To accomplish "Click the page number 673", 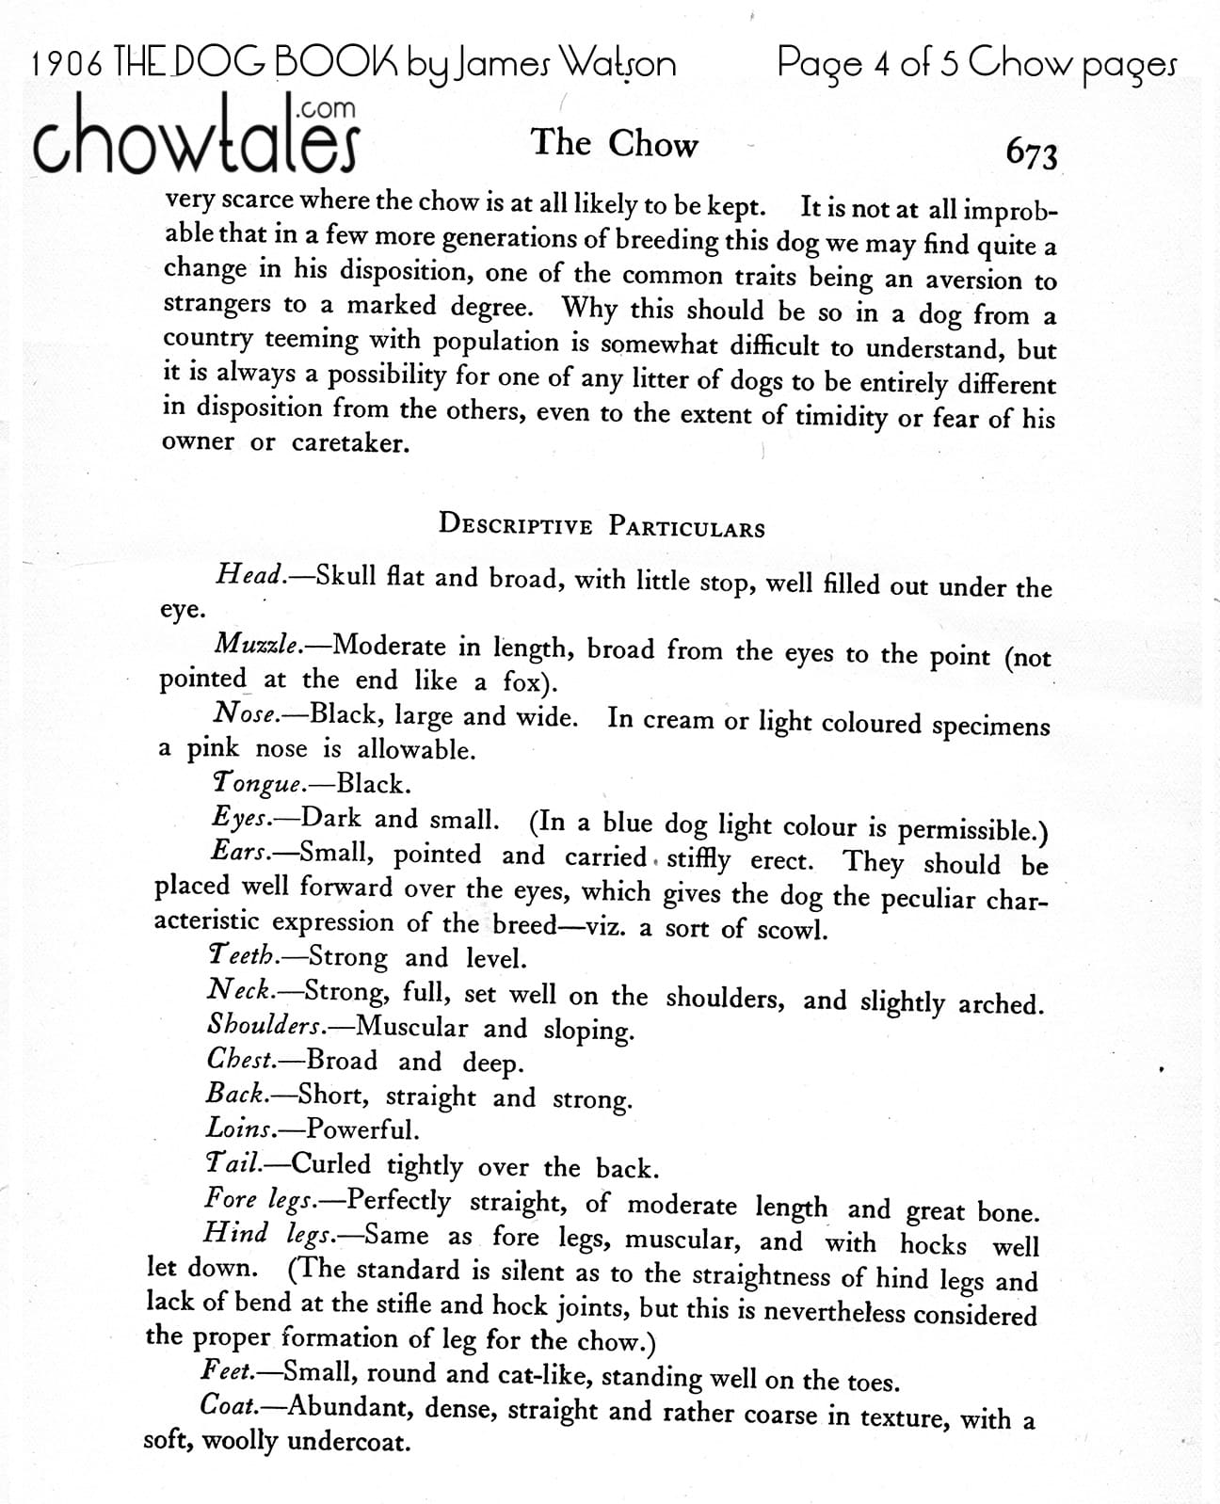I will (x=1032, y=153).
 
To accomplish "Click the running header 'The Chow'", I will (x=615, y=144).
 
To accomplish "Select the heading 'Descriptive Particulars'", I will (x=602, y=525).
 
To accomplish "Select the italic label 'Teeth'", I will (x=243, y=956).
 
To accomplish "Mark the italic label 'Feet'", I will (x=227, y=1371).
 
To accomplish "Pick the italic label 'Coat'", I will (x=230, y=1406).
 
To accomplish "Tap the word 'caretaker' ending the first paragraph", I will (x=350, y=442).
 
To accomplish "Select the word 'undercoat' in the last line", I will (x=348, y=1441).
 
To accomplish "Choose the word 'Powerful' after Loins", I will (x=362, y=1128).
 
